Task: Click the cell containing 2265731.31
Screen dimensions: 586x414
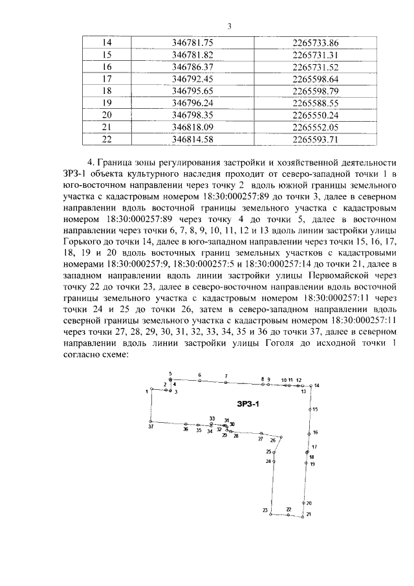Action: [316, 54]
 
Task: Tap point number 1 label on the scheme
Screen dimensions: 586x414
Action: [147, 391]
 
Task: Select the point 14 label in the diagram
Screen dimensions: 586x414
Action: [317, 385]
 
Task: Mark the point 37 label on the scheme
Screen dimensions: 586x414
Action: [150, 427]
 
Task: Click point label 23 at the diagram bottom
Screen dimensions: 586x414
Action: [265, 511]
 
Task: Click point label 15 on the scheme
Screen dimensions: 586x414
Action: [315, 410]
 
